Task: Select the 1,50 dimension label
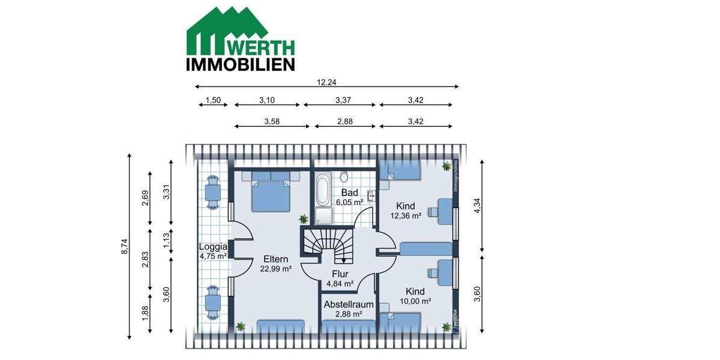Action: pos(213,100)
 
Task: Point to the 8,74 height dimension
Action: pos(124,247)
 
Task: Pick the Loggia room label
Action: pos(213,247)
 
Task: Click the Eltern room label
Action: pos(275,259)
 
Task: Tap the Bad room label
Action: pos(350,193)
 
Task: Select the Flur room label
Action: pos(340,274)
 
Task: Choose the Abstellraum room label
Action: pos(349,304)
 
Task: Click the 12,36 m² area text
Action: pos(406,215)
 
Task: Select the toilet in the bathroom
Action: pos(344,177)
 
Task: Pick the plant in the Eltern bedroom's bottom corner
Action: pos(241,326)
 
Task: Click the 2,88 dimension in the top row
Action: pos(344,121)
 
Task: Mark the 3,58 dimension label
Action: pos(272,121)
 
